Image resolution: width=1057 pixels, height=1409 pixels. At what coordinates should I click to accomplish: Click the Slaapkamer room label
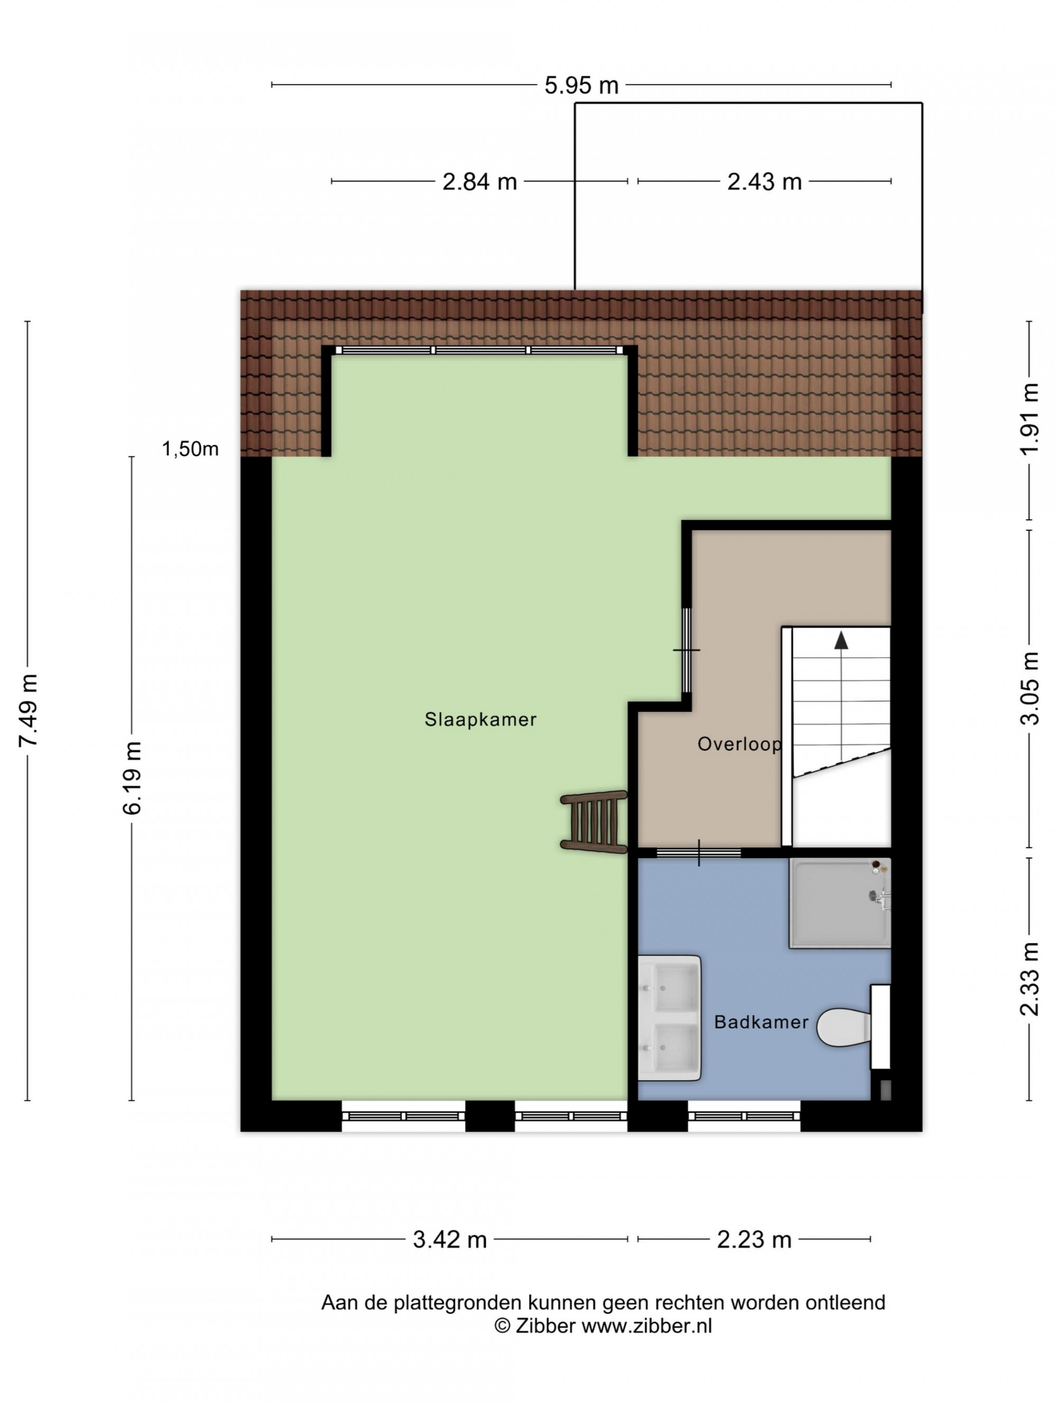[x=480, y=720]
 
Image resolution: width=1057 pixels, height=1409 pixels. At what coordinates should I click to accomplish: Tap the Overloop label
[x=739, y=744]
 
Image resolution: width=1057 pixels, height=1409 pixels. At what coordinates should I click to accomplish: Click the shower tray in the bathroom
[x=840, y=902]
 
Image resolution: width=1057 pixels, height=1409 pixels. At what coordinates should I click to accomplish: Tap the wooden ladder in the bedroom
[x=594, y=820]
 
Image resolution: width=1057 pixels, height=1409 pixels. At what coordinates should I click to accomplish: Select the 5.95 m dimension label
[x=581, y=86]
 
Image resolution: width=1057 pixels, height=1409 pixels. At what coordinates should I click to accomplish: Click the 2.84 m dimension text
[x=479, y=182]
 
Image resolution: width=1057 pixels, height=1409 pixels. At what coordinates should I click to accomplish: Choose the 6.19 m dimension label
[x=133, y=778]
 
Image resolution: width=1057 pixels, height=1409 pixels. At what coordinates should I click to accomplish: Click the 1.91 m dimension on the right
[x=1029, y=418]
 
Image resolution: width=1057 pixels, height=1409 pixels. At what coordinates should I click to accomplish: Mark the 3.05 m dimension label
[x=1029, y=688]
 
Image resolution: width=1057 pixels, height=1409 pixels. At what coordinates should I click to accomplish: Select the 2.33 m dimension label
[x=1029, y=978]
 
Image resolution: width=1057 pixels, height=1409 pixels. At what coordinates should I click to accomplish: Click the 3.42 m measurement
[x=450, y=1239]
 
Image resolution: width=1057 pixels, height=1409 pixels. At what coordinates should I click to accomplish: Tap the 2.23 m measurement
[x=754, y=1239]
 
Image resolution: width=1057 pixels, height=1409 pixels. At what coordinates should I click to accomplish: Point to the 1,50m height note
[x=190, y=449]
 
